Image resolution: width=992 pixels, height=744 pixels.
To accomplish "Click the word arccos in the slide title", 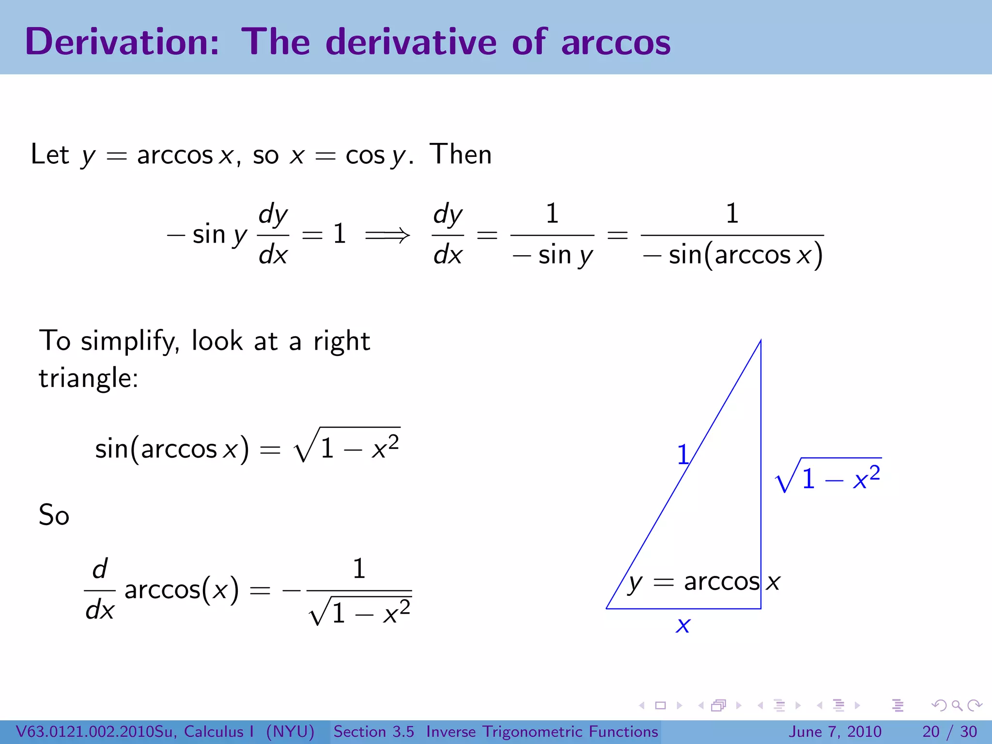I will coord(616,43).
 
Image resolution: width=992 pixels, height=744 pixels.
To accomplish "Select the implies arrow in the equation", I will coord(387,235).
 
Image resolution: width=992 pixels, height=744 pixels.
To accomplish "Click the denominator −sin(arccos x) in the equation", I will coord(732,255).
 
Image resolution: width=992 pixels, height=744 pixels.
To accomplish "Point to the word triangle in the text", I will coord(88,378).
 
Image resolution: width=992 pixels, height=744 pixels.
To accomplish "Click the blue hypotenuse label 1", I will coord(682,455).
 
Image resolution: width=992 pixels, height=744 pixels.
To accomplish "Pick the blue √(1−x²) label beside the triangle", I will coord(828,476).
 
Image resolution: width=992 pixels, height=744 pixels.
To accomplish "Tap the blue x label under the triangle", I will coord(683,625).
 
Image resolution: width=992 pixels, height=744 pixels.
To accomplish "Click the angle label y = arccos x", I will coord(704,582).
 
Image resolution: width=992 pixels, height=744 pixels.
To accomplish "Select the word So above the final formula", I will coord(54,515).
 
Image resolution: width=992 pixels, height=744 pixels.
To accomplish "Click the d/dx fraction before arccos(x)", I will coord(100,589).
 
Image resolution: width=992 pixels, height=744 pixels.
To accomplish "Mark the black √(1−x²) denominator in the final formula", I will coord(360,611).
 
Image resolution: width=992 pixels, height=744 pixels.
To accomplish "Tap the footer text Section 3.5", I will coord(373,731).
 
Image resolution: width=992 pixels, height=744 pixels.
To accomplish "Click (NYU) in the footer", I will coord(290,731).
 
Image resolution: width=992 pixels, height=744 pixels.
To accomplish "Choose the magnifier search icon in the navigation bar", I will coord(957,706).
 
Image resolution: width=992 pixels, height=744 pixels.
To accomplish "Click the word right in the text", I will coord(341,341).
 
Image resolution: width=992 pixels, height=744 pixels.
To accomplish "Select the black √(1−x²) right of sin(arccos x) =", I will coord(347,446).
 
